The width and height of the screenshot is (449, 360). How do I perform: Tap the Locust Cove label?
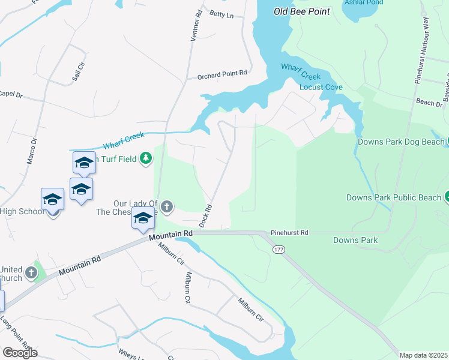(x=321, y=87)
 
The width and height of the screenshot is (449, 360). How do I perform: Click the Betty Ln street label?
(x=220, y=13)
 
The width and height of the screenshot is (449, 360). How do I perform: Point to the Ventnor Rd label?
(x=194, y=27)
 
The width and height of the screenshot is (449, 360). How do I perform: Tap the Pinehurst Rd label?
(x=289, y=232)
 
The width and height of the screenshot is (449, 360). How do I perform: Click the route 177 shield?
(x=280, y=248)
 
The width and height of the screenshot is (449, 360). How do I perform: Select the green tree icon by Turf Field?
(x=145, y=158)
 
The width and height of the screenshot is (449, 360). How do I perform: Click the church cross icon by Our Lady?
(x=167, y=207)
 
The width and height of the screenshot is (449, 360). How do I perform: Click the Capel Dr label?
(x=11, y=94)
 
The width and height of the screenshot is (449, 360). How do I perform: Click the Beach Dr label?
(x=429, y=103)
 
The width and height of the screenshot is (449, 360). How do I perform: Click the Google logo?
(x=20, y=353)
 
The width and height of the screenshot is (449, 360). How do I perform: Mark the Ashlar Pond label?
(x=363, y=2)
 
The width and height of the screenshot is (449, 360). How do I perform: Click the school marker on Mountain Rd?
(x=143, y=219)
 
